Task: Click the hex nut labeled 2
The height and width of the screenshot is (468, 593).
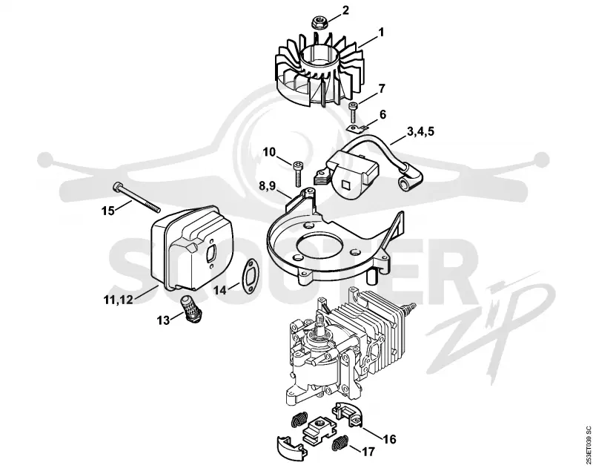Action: [319, 23]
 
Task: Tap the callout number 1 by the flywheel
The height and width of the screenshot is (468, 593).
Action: [381, 33]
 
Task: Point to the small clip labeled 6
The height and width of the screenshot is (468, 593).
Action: [357, 128]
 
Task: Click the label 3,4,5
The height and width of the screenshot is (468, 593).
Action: [420, 132]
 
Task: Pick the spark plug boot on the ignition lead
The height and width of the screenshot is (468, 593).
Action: [410, 178]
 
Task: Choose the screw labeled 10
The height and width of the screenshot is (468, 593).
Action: [298, 174]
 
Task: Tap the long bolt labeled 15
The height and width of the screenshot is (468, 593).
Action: [136, 197]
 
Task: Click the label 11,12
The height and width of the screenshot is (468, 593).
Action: [118, 300]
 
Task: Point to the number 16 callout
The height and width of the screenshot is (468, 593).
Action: [390, 439]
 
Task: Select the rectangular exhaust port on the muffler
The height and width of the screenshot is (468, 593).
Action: [210, 253]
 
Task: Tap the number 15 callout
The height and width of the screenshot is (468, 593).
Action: [108, 211]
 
